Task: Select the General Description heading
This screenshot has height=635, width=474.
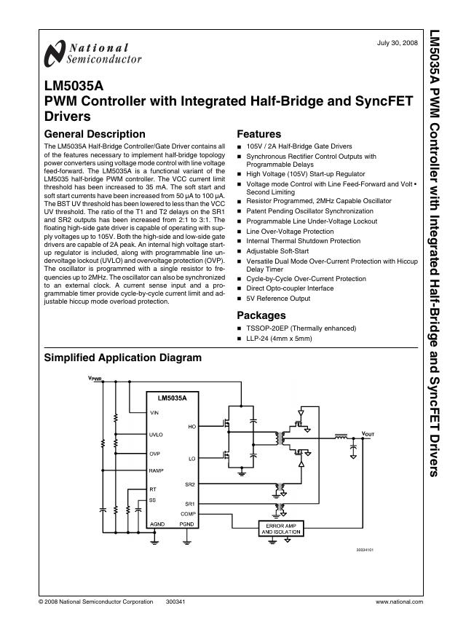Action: (95, 134)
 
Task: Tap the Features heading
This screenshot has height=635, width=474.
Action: (258, 134)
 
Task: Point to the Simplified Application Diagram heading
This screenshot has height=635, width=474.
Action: (122, 358)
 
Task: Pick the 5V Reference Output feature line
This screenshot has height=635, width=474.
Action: (278, 299)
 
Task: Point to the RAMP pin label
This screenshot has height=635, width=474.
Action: (156, 471)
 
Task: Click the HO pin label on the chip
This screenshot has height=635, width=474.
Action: (191, 427)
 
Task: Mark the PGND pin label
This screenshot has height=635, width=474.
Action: (187, 524)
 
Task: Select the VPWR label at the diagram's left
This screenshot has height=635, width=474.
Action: (95, 379)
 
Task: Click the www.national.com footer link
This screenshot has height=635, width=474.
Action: (399, 602)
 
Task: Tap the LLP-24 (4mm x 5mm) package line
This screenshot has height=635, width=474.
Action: (280, 339)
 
